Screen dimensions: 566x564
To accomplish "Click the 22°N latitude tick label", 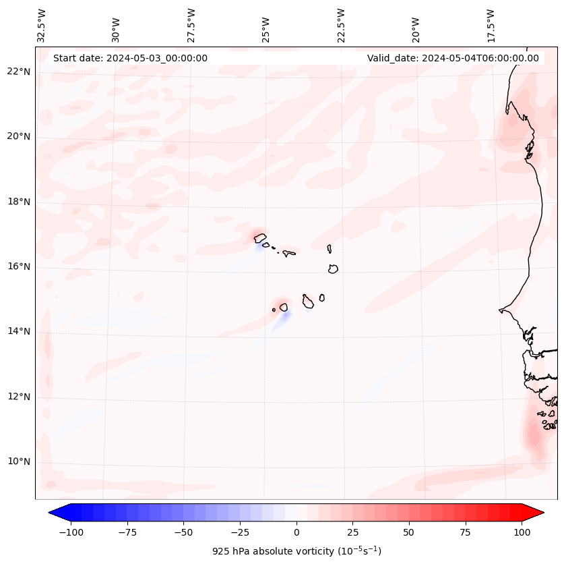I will coord(19,72).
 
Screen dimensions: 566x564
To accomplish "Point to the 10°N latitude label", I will coord(19,461).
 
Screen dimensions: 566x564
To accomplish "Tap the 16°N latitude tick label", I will coord(19,266).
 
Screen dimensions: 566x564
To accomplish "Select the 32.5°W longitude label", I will coord(42,25).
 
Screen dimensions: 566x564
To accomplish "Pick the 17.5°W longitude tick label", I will coord(491,25).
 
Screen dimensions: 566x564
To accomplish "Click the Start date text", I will coord(130,58).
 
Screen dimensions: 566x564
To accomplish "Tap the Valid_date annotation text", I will coord(453,58).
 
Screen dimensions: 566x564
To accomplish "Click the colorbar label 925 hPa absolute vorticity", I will coord(296,551).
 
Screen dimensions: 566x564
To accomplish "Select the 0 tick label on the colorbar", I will coord(296,532).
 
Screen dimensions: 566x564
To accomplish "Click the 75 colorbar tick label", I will coord(465,532).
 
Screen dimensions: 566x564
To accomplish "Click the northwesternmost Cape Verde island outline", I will coord(260,238).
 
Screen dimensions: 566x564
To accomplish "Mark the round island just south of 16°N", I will coord(333,268).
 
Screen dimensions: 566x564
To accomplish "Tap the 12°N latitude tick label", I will coord(19,397).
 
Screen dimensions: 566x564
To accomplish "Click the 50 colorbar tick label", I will coord(409,532).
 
